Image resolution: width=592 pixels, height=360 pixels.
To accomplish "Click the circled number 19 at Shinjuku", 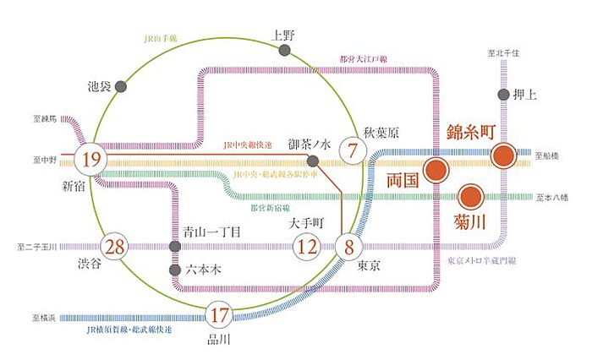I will point(91,159).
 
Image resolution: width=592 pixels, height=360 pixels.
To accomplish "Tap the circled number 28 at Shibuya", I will point(115,247).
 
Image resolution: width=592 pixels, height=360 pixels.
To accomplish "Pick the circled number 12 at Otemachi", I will point(305,248).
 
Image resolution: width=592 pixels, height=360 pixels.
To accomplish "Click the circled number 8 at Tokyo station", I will point(348,248).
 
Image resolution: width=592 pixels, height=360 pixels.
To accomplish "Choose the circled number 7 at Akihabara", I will point(353,151).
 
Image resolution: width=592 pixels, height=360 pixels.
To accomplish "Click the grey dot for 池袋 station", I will point(122,85).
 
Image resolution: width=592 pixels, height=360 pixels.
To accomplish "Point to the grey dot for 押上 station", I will point(504,95).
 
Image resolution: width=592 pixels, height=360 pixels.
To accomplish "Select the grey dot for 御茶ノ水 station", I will point(312,161).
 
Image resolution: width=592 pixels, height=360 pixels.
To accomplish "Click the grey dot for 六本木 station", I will point(174,271).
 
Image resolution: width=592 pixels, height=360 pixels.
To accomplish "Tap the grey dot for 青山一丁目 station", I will point(174,247).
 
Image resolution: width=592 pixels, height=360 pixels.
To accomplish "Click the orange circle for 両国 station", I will point(437,171).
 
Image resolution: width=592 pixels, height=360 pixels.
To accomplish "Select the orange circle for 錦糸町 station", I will point(504,155).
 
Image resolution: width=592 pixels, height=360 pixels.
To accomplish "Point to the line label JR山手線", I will point(167,38).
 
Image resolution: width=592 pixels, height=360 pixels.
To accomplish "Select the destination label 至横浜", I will point(45,318).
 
